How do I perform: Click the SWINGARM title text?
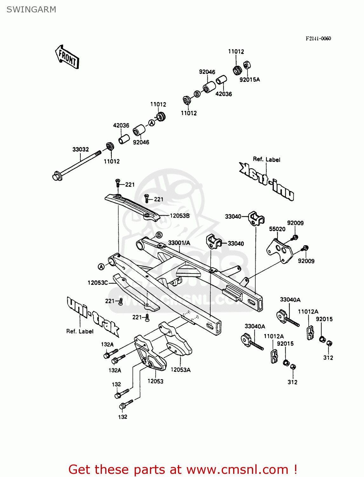tap(31, 10)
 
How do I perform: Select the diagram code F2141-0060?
tap(318, 38)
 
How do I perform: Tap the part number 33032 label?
tap(81, 149)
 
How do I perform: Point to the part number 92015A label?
tap(249, 79)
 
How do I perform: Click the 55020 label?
tap(277, 229)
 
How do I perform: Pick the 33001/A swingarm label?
tap(179, 243)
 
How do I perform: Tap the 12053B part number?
tap(179, 216)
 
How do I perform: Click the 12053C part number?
tap(98, 282)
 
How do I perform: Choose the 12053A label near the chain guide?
tap(180, 370)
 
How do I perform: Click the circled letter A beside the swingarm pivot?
tap(101, 267)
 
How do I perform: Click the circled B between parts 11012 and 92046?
tap(197, 94)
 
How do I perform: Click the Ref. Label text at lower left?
tap(80, 331)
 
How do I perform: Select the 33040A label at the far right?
tap(290, 300)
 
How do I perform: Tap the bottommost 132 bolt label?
tap(123, 417)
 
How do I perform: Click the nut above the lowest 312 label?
tap(293, 367)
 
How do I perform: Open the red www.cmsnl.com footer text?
tap(183, 469)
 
